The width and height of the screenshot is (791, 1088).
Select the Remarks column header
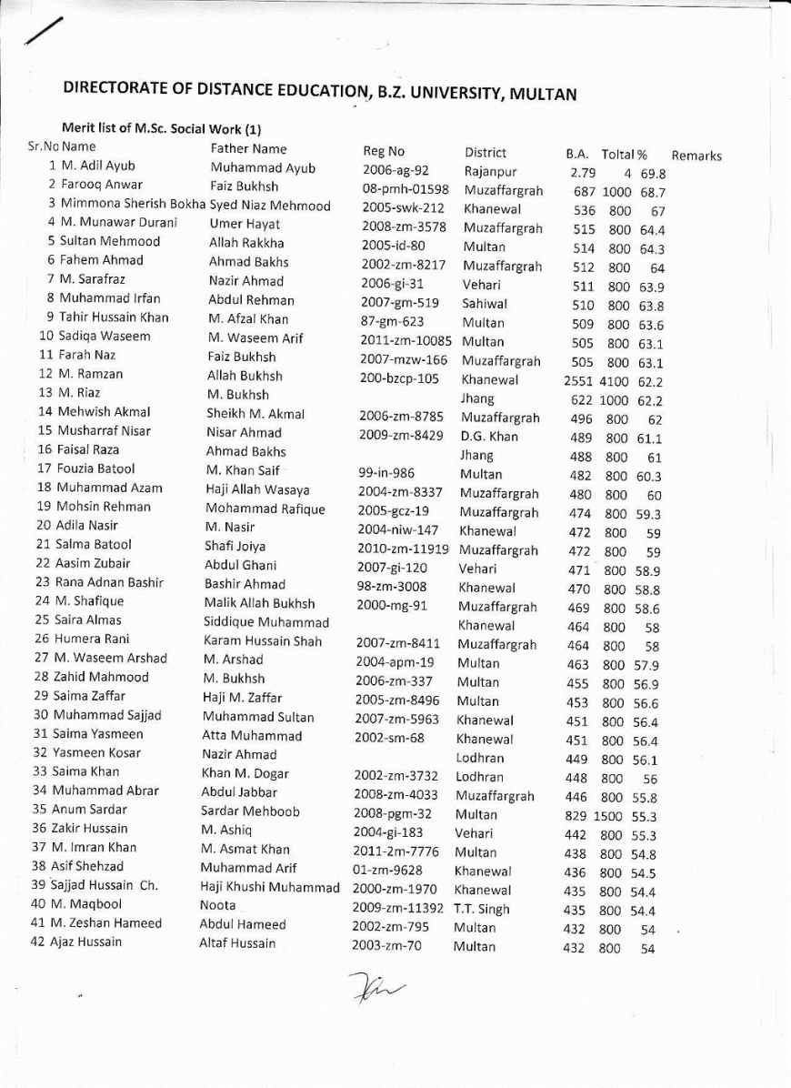pyautogui.click(x=696, y=156)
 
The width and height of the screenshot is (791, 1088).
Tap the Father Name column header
pyautogui.click(x=248, y=148)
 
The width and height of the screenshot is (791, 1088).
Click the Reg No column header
pyautogui.click(x=383, y=151)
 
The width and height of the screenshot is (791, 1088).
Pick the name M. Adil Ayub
pyautogui.click(x=97, y=166)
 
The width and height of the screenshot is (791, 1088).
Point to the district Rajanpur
pyautogui.click(x=490, y=171)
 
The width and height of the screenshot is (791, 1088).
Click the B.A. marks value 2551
pyautogui.click(x=579, y=381)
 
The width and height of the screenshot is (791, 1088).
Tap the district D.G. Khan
pyautogui.click(x=489, y=436)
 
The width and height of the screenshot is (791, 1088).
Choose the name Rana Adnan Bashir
pyautogui.click(x=112, y=582)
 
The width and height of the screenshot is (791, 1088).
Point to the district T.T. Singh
pyautogui.click(x=482, y=909)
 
